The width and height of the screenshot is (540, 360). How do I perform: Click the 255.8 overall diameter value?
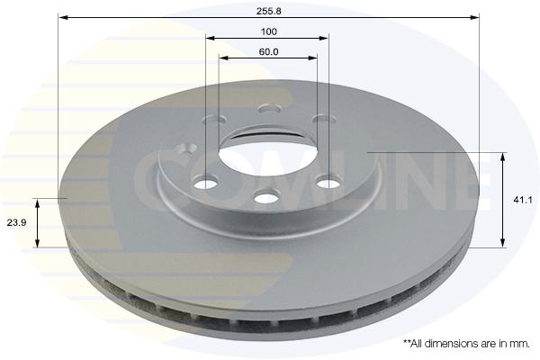click(268, 11)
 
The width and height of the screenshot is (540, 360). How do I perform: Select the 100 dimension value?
click(268, 31)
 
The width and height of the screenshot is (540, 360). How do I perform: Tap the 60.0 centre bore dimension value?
click(268, 52)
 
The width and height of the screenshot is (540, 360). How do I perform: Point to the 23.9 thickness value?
click(16, 222)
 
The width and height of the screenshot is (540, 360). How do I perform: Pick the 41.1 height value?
click(523, 200)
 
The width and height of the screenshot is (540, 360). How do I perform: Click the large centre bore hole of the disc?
click(268, 161)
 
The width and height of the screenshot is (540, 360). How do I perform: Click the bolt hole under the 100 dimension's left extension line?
click(206, 183)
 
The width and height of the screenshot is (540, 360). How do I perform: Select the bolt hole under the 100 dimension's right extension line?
click(328, 182)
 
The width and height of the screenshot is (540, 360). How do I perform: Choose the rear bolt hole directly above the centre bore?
click(270, 109)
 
